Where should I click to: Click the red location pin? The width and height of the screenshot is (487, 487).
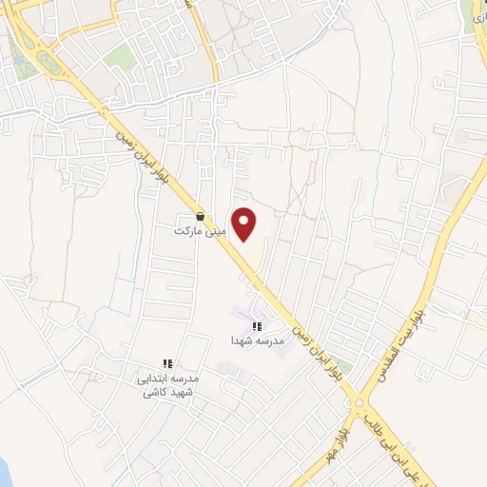245,224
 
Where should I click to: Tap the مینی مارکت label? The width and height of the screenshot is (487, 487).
199,231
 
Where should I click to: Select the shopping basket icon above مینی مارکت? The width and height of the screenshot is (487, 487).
200,217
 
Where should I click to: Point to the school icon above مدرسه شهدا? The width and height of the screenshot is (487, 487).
256,326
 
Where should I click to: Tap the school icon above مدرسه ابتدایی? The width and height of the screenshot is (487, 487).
167,363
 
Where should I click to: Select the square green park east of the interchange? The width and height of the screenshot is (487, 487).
120,58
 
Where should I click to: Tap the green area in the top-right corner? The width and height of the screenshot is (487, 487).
474,11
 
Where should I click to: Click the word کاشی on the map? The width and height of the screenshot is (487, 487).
156,391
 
